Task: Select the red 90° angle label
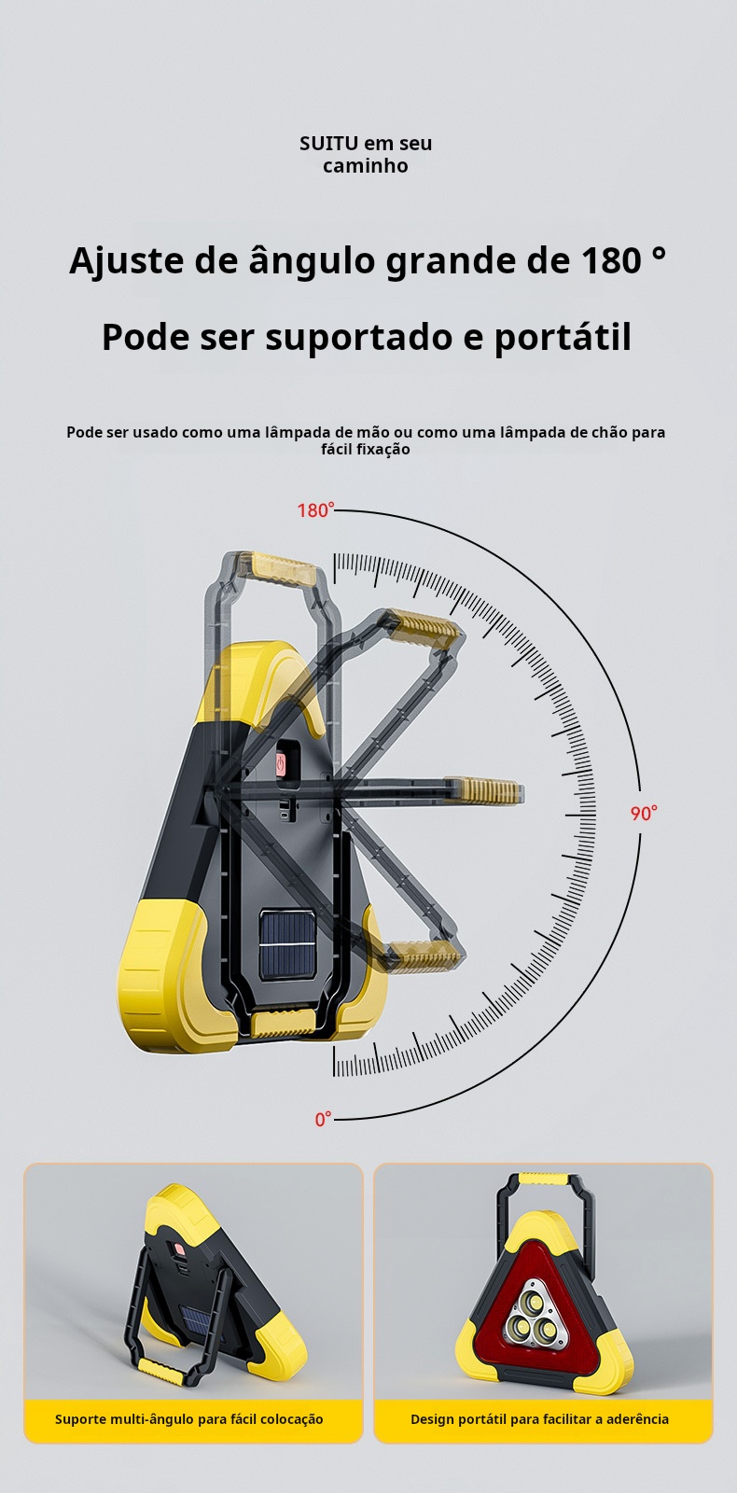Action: point(643,813)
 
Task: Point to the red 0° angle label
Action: point(323,1119)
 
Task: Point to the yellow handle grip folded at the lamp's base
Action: point(285,1026)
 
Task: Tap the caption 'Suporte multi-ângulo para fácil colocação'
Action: point(188,1419)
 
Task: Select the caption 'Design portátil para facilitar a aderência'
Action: point(539,1419)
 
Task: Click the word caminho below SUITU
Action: point(365,166)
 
